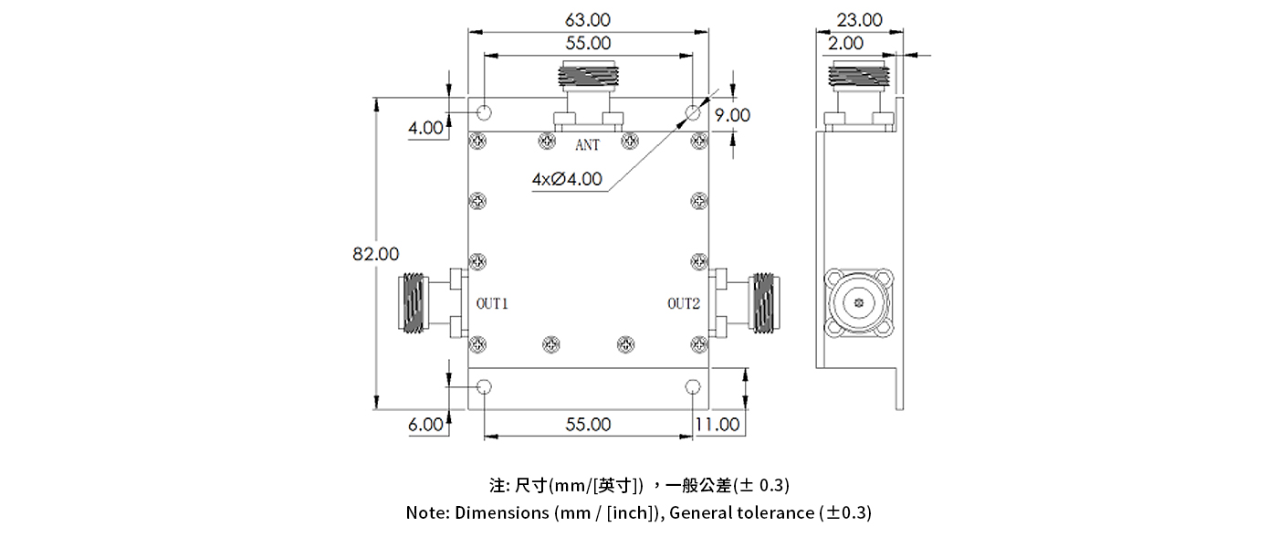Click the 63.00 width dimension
coord(588,19)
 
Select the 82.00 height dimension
coord(376,253)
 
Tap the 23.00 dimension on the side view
coord(860,19)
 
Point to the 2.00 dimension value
coord(846,43)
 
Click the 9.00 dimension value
coord(732,115)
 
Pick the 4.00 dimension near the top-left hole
coord(426,127)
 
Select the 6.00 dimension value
coord(426,425)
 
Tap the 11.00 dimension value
coord(717,425)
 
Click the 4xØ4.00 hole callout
coord(567,179)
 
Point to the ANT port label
coord(587,145)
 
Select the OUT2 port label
coord(683,303)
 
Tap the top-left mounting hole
coord(485,113)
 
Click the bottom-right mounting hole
coord(693,386)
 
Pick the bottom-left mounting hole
coord(485,386)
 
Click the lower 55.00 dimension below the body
coord(588,425)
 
